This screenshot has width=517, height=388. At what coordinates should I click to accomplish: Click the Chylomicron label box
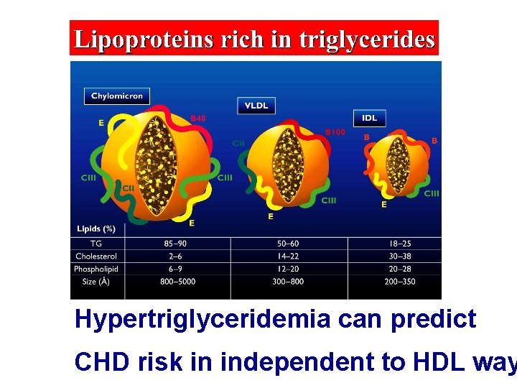[116, 96]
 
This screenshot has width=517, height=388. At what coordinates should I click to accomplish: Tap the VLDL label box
[256, 106]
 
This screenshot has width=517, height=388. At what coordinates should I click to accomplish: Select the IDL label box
[370, 118]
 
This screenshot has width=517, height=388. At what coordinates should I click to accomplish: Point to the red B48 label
[198, 118]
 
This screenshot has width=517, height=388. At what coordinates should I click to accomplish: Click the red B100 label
[335, 132]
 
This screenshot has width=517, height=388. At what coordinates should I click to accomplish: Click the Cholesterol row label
[96, 257]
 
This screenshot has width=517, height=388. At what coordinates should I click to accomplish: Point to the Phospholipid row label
[96, 269]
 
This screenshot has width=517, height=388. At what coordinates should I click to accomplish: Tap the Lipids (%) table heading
[96, 229]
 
